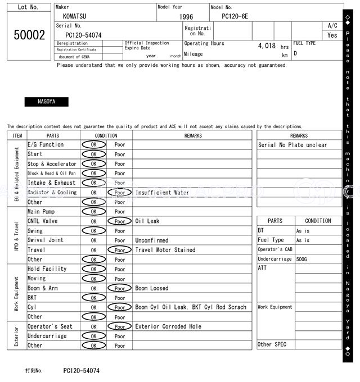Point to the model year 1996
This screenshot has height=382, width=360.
click(x=186, y=17)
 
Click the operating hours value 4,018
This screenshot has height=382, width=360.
click(x=267, y=46)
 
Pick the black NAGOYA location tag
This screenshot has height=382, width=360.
click(x=46, y=102)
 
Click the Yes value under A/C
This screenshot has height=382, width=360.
click(x=332, y=35)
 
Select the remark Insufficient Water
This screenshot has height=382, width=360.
click(x=162, y=192)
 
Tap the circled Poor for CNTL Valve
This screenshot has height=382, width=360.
click(x=119, y=221)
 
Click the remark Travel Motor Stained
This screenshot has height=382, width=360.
click(x=165, y=250)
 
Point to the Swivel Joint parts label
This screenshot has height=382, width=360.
click(x=46, y=240)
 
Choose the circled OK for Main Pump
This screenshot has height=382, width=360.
click(x=93, y=212)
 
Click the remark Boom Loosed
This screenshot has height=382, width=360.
click(x=151, y=288)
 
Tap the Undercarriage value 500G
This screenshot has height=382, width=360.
click(x=302, y=259)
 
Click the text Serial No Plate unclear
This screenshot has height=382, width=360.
click(x=292, y=145)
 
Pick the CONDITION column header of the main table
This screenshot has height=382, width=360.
click(x=106, y=135)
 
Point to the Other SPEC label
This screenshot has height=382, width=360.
click(x=272, y=344)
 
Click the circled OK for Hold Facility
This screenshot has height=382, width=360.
click(x=93, y=269)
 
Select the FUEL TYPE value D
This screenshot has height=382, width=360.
click(x=295, y=54)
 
